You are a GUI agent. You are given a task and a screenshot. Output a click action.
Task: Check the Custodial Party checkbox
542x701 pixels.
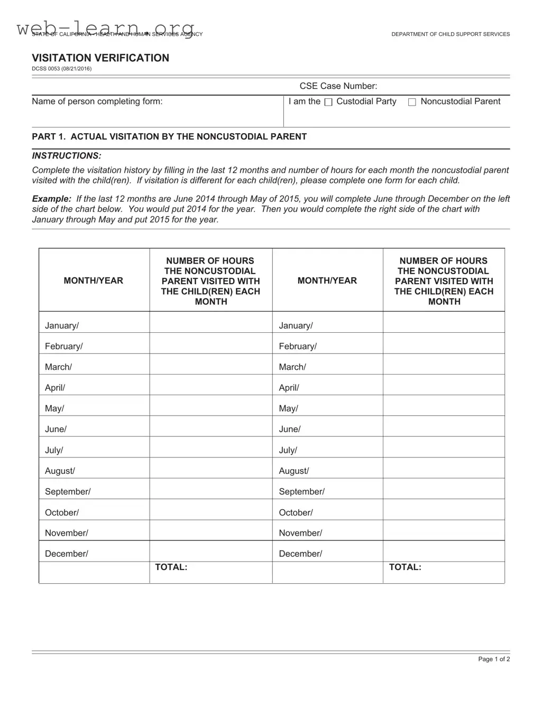(x=328, y=102)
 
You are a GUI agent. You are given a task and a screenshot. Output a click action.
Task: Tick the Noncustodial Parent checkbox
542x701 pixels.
(x=412, y=102)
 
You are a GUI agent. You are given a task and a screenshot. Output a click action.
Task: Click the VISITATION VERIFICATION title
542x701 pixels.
(x=100, y=58)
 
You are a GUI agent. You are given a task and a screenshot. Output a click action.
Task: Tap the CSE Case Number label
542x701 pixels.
(x=338, y=86)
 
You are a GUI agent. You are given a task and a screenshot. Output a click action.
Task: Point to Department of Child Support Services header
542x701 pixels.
(x=451, y=34)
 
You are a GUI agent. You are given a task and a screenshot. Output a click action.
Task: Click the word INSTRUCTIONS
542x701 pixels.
(x=66, y=156)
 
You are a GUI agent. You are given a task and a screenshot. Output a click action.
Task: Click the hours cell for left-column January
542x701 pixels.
(x=210, y=322)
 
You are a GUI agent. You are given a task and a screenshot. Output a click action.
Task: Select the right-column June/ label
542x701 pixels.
(x=290, y=429)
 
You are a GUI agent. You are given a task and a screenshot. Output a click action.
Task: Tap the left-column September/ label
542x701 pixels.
(x=68, y=492)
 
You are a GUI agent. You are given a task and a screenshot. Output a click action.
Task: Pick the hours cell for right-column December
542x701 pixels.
(x=443, y=551)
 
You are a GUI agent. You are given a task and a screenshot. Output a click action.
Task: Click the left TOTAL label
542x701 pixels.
(x=171, y=567)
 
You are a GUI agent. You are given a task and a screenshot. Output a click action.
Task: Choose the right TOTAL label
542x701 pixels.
(x=405, y=567)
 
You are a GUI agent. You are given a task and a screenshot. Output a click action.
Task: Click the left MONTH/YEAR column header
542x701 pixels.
(x=94, y=281)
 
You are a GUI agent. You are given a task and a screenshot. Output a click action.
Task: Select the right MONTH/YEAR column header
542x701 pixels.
(x=327, y=281)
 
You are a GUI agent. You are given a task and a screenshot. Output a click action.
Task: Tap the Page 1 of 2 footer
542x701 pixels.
(x=494, y=659)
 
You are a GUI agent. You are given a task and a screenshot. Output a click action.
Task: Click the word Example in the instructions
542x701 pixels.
(x=51, y=199)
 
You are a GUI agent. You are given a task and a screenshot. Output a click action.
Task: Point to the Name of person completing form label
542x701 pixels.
(x=97, y=101)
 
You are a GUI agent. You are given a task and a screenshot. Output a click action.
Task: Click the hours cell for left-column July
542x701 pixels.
(x=210, y=447)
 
